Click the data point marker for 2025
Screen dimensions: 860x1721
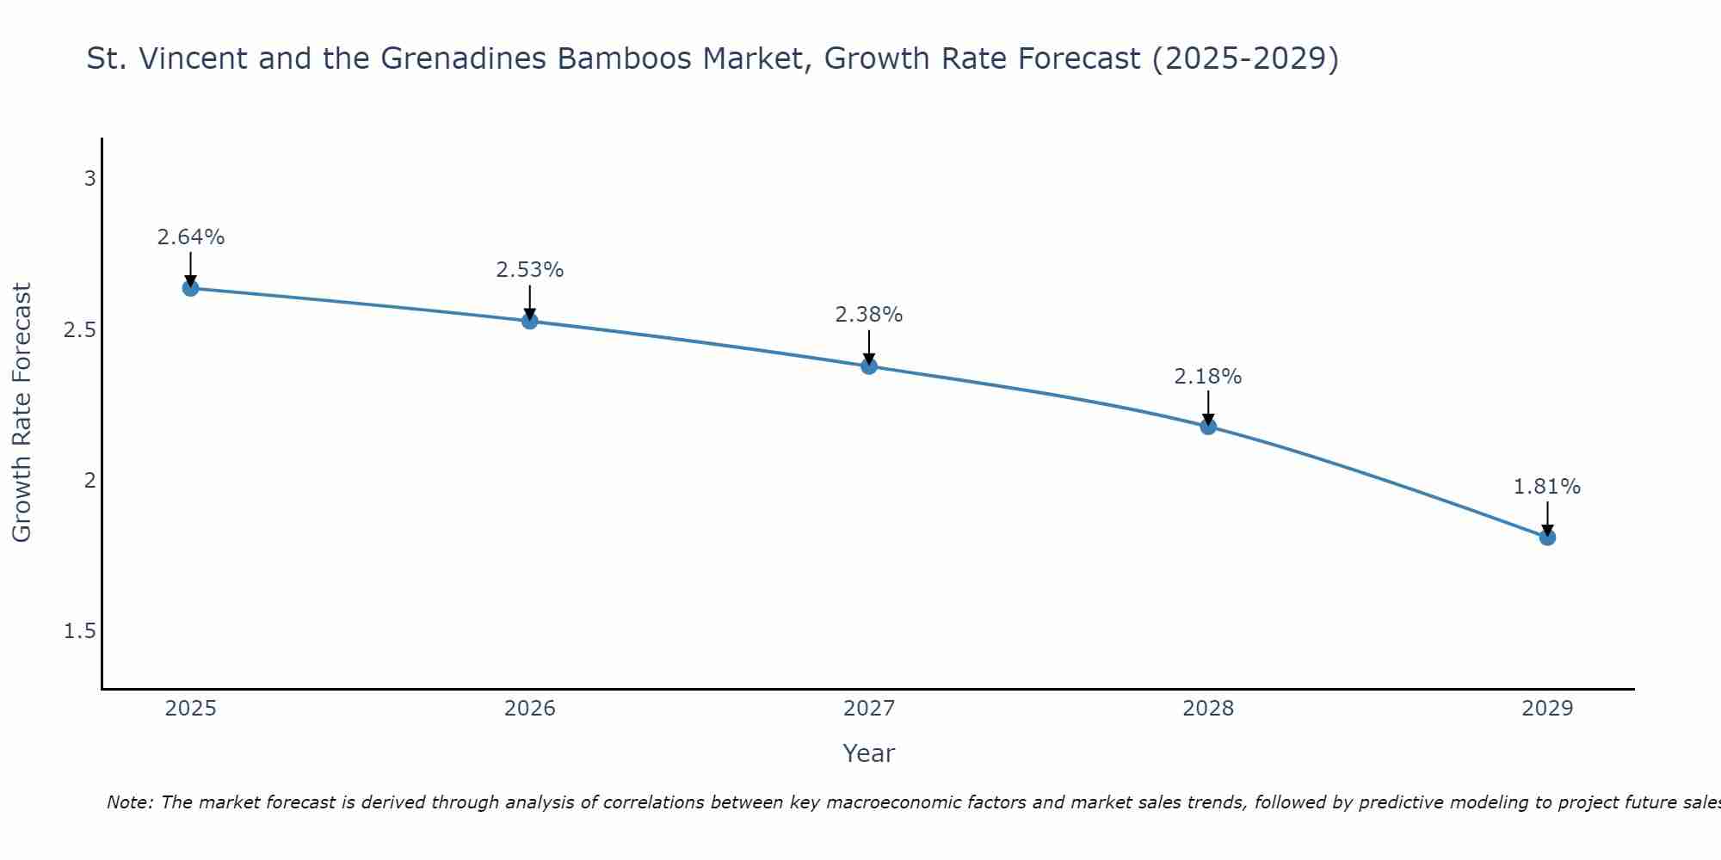[x=191, y=288]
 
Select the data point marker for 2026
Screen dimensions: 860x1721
[x=530, y=321]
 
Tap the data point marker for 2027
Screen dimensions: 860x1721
[x=869, y=366]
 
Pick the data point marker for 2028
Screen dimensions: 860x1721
[x=1208, y=427]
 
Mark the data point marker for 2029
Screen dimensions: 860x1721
[x=1547, y=537]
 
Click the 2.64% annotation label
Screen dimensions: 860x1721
[x=191, y=237]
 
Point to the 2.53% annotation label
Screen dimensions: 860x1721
[x=530, y=270]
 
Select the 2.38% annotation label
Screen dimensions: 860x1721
[x=869, y=315]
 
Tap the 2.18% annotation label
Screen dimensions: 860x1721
[x=1208, y=377]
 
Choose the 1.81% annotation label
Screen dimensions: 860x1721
[x=1547, y=487]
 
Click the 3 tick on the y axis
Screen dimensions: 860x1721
[x=89, y=179]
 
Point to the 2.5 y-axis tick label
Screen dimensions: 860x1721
[x=80, y=330]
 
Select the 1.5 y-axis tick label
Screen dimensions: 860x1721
[x=80, y=631]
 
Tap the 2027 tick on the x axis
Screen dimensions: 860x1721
[x=869, y=709]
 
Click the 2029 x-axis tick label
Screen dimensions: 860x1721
[x=1547, y=709]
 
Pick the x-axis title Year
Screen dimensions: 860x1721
[x=869, y=753]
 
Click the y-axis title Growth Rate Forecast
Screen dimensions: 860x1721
[x=22, y=413]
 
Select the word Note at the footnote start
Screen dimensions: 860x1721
[x=128, y=802]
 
